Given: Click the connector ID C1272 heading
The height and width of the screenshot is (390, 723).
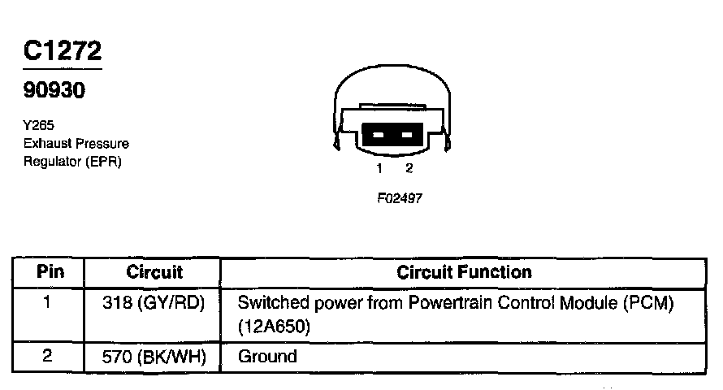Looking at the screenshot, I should [x=63, y=52].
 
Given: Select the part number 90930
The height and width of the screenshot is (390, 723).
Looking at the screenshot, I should [x=54, y=90].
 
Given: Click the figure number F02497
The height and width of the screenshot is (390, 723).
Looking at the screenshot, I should [x=399, y=197].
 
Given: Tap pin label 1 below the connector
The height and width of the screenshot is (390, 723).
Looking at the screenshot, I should [x=379, y=168].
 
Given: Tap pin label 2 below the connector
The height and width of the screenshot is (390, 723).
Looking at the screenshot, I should [x=409, y=168].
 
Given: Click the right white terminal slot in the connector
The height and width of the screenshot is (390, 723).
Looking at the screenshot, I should [x=408, y=135].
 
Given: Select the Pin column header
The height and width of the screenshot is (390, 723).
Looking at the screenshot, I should [x=50, y=272].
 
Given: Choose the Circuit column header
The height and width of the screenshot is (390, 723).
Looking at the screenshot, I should [x=154, y=272].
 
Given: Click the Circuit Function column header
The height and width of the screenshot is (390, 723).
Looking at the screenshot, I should [x=464, y=272].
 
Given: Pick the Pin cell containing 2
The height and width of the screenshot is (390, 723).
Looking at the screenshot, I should [x=48, y=355].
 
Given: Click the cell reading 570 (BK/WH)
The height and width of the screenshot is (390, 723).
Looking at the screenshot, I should [x=154, y=356].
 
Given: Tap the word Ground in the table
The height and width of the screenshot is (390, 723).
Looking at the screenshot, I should [x=267, y=356].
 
